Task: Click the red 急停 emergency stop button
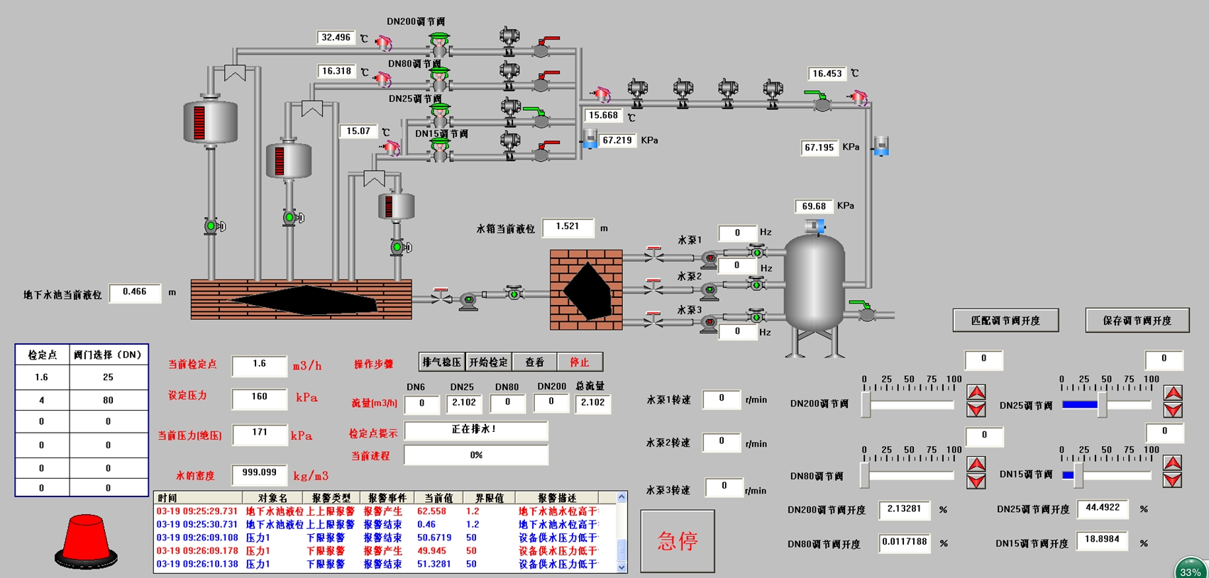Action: [x=678, y=541]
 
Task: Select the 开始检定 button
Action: [x=489, y=362]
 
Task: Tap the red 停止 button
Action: [x=580, y=362]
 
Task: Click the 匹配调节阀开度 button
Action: [x=1005, y=321]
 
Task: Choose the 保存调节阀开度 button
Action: [x=1137, y=321]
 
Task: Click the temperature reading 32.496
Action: [x=336, y=38]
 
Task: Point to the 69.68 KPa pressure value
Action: [x=814, y=206]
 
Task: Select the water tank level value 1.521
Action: [x=568, y=227]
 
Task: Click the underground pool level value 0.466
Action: [x=135, y=292]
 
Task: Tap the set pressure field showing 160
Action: [x=259, y=397]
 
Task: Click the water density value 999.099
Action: [x=259, y=473]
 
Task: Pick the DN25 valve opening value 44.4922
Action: [x=1103, y=508]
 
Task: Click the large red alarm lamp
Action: [x=86, y=540]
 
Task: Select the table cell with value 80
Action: [x=108, y=400]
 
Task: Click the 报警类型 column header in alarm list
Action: [x=331, y=498]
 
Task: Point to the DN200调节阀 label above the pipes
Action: [x=416, y=22]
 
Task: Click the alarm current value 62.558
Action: [x=431, y=511]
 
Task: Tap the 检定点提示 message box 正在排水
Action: [x=475, y=430]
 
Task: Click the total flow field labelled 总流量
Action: [x=592, y=403]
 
